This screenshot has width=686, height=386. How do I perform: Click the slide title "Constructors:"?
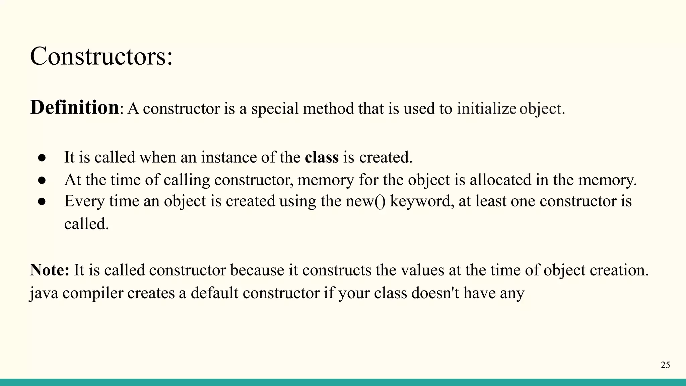click(101, 56)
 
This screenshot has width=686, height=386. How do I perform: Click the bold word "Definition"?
click(74, 108)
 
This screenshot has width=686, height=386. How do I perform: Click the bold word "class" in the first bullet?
click(322, 157)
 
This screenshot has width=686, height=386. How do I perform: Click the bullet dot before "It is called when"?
click(42, 158)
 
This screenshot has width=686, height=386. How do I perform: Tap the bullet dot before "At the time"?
click(42, 181)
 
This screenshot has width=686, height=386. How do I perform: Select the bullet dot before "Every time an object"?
click(42, 202)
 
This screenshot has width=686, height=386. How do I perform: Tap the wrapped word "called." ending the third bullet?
click(86, 224)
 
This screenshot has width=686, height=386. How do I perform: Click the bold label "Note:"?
click(50, 270)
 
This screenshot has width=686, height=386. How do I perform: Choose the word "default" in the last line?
click(215, 293)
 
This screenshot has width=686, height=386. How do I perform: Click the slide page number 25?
click(665, 365)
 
